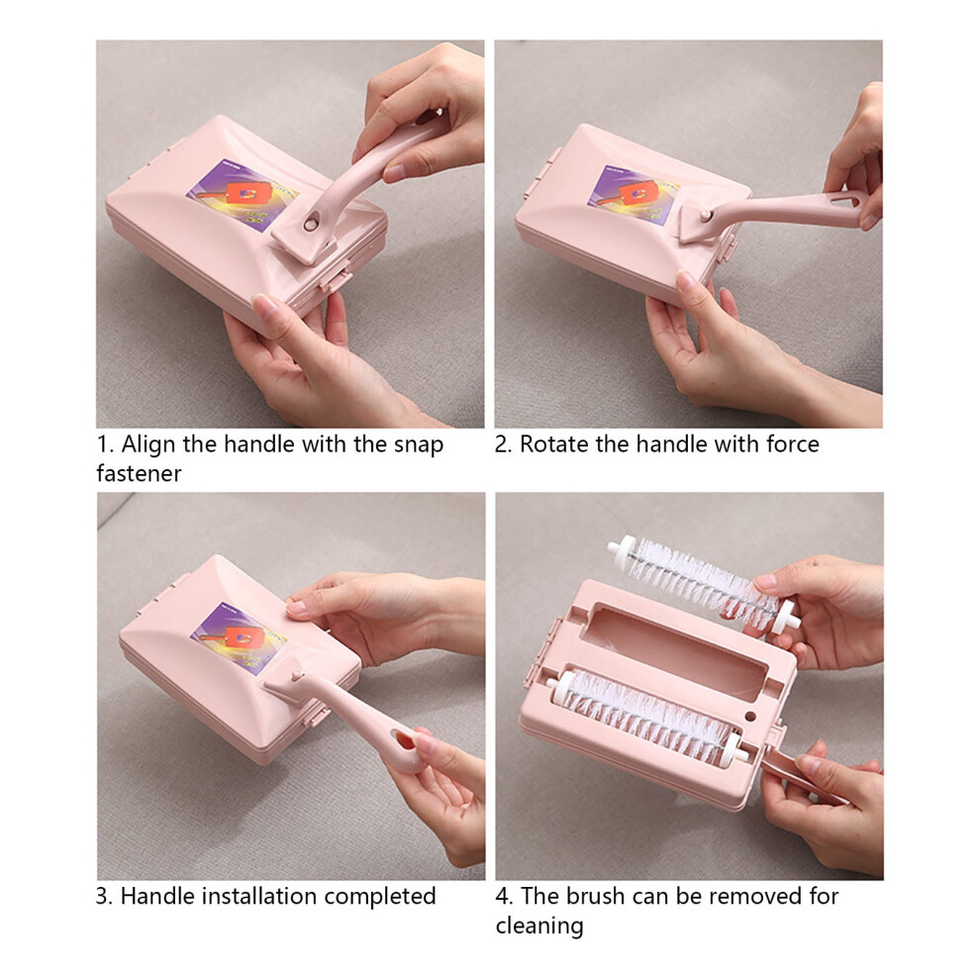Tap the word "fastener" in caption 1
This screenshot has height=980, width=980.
139,474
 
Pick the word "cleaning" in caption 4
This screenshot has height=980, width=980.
539,926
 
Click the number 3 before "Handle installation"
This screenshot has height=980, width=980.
102,896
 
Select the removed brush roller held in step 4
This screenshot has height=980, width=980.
703,582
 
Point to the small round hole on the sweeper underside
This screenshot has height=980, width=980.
750,717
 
